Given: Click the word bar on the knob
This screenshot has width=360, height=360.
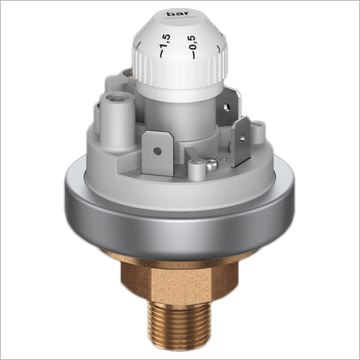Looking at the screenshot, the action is [x=178, y=14].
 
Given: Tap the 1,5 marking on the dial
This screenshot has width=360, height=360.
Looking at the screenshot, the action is [x=166, y=41].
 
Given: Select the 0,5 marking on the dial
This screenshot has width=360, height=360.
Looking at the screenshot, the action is [x=192, y=42].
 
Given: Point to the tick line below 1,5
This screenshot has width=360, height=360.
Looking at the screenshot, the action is [x=161, y=54].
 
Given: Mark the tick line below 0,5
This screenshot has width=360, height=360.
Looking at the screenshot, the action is [x=193, y=55].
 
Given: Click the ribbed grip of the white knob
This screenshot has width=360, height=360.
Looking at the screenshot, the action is [x=179, y=71].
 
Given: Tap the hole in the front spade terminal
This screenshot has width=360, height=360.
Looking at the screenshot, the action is [x=157, y=151].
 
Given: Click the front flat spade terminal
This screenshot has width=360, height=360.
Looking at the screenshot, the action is [x=158, y=154].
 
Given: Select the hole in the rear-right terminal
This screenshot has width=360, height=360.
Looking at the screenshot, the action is [x=226, y=107].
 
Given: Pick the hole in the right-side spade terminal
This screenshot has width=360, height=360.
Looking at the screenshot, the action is [x=243, y=138].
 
